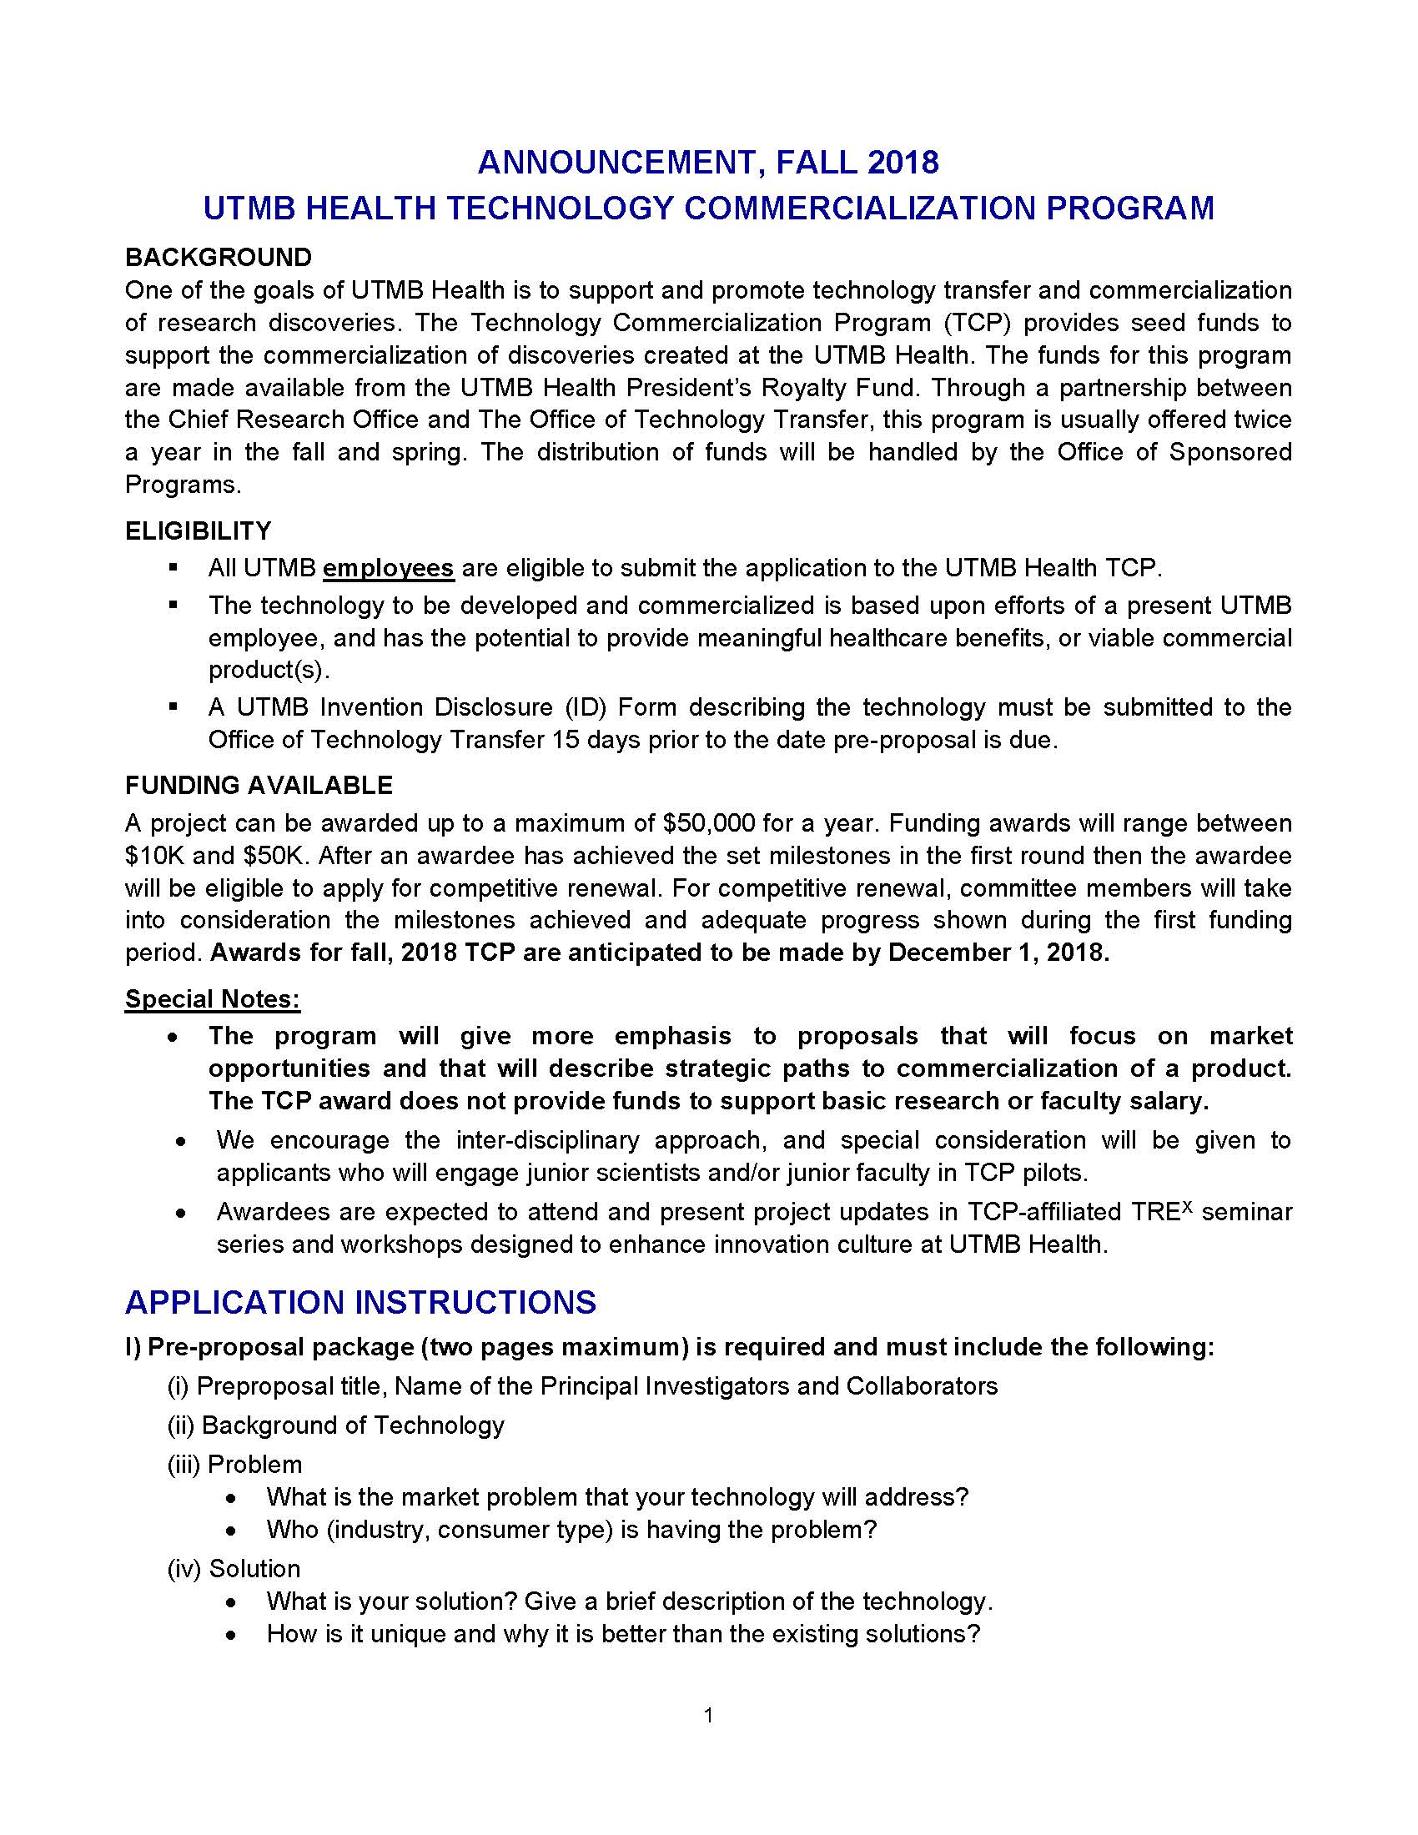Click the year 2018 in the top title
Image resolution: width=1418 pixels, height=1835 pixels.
point(903,161)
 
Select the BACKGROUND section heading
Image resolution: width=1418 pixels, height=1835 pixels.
point(219,257)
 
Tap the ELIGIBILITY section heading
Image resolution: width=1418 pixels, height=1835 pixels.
point(199,531)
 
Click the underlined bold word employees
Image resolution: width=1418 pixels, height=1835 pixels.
point(388,569)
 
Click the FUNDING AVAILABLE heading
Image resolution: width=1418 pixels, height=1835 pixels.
point(259,786)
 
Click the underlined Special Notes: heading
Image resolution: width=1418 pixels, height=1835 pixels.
point(213,999)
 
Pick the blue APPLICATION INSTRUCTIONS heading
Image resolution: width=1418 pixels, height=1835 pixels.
point(360,1303)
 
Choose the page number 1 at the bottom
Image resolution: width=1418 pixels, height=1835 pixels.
point(708,1715)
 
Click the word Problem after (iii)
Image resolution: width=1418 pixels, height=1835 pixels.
point(254,1465)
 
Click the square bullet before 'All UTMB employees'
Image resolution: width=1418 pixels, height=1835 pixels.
point(173,568)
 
